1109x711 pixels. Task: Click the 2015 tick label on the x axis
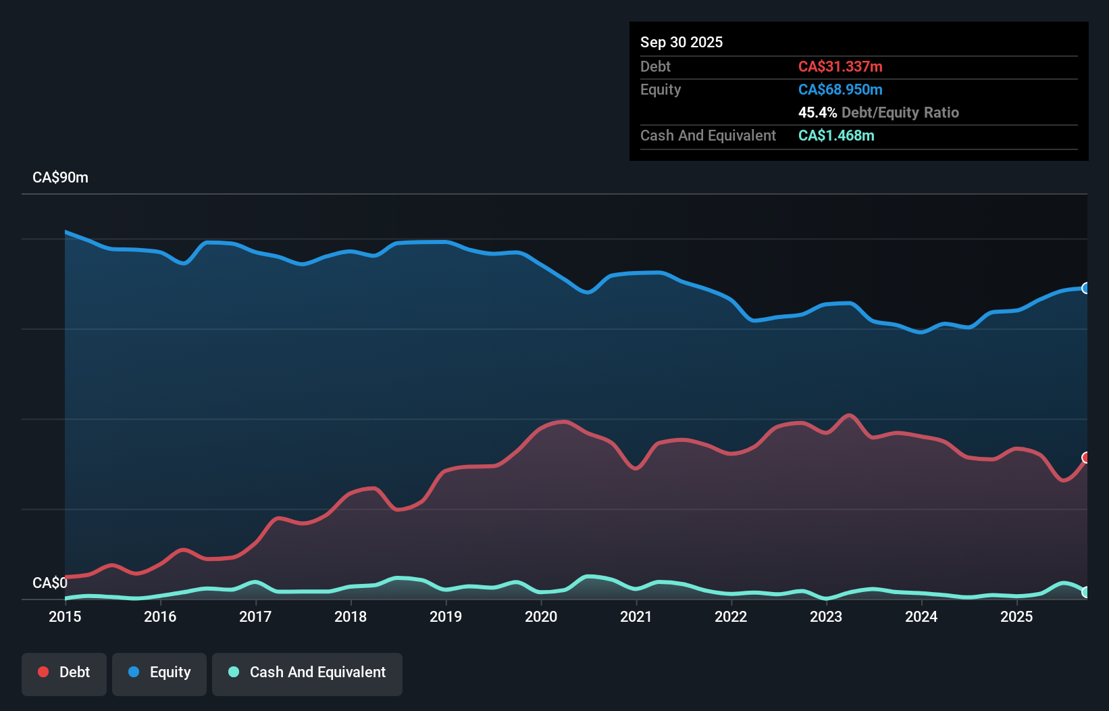coord(65,616)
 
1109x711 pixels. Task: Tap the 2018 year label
coord(351,616)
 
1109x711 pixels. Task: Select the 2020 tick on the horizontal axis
coord(541,616)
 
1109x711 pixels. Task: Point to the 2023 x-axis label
coord(826,616)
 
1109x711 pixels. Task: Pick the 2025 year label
coord(1016,616)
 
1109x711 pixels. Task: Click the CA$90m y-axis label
coord(60,177)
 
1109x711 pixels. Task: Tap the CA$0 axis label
coord(50,583)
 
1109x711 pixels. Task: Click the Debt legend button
coord(64,672)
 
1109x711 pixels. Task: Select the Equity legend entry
coord(159,672)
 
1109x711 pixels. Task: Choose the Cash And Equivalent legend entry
coord(307,672)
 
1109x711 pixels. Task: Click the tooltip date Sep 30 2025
coord(681,42)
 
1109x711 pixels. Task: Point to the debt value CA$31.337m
coord(840,66)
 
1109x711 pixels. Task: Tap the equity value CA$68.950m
coord(840,89)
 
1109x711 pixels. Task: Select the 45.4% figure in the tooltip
coord(817,112)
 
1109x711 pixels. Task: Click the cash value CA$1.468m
coord(836,135)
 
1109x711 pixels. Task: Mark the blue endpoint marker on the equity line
coord(1086,289)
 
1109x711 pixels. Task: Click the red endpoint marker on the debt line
coord(1086,458)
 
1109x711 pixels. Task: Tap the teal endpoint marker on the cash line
coord(1086,592)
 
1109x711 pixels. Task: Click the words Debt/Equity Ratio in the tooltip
coord(900,112)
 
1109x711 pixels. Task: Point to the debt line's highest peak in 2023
coord(849,415)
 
